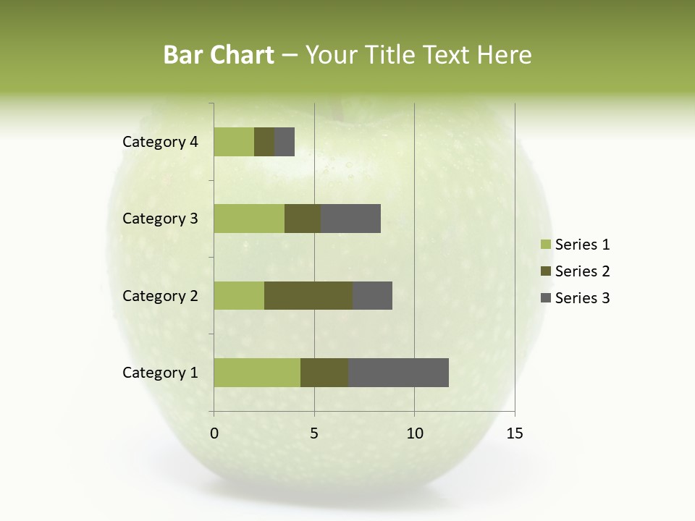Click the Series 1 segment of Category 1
tap(257, 373)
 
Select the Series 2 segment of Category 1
tap(324, 373)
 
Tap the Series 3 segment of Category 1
tap(398, 373)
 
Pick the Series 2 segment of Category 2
tap(308, 295)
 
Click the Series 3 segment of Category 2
tap(372, 295)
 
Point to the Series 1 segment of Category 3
tap(249, 219)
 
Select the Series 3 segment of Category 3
tap(350, 219)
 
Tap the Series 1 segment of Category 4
tap(234, 142)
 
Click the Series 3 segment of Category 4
tap(285, 142)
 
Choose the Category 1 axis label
tap(160, 373)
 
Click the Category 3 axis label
tap(160, 219)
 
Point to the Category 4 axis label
tap(160, 142)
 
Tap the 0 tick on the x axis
tap(214, 433)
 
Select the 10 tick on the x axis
tap(414, 433)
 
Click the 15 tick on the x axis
tap(515, 433)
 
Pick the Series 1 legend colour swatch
tap(545, 245)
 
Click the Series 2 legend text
tap(582, 271)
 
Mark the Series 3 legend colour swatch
tap(545, 298)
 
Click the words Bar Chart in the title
tap(218, 55)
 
